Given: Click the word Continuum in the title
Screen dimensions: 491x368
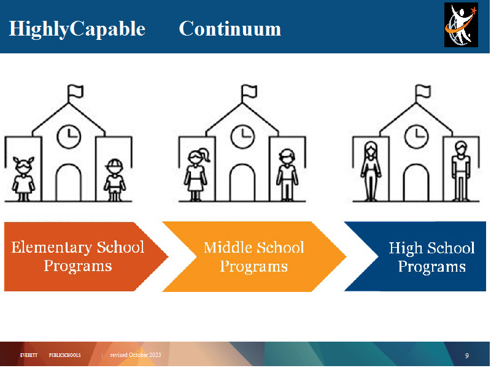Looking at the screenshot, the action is point(230,29).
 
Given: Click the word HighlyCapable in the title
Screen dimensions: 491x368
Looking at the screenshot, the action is point(77,29).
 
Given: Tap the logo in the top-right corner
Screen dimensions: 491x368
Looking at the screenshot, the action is point(461,25).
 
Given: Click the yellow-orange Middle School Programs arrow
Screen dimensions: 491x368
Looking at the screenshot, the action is point(254,256).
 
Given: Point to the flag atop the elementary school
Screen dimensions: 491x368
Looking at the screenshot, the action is point(75,93).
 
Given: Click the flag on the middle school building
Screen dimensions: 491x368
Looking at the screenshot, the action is point(249,93).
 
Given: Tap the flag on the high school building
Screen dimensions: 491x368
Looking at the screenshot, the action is point(423,93).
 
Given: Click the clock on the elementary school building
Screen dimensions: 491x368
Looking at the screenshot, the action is point(69,137).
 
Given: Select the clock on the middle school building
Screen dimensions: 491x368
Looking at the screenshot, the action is point(242,137).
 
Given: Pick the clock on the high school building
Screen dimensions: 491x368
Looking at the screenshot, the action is point(417,137).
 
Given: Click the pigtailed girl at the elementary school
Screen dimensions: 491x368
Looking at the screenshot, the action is point(23,178).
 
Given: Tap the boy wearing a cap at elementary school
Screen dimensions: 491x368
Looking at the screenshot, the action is point(115,180).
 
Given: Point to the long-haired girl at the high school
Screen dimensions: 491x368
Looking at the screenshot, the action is point(371,171).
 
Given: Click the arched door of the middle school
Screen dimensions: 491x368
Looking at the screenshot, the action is point(242,182).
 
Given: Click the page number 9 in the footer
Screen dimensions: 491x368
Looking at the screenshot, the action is point(467,356).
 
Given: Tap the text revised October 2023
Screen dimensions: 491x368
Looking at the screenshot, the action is point(136,355).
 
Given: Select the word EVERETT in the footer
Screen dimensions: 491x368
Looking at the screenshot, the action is point(29,355).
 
